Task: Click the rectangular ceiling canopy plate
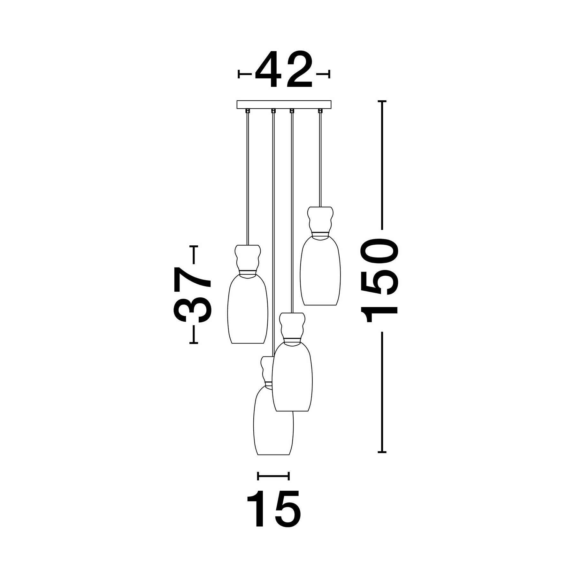pyautogui.click(x=284, y=105)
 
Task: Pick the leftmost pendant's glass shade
pyautogui.click(x=248, y=308)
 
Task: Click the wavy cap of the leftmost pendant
pyautogui.click(x=248, y=257)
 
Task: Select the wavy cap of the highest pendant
pyautogui.click(x=320, y=219)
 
